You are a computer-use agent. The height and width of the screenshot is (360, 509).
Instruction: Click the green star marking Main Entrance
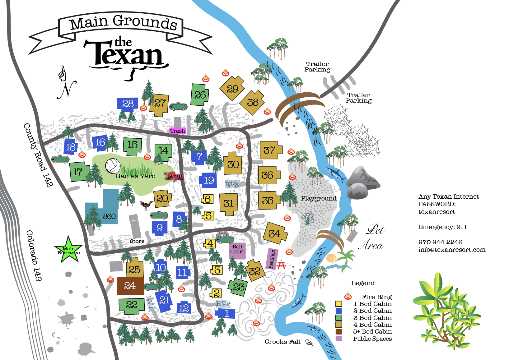68,250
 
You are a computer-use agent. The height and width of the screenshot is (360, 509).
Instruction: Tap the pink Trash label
177,131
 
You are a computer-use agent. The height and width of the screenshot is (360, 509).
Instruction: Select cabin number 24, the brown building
130,286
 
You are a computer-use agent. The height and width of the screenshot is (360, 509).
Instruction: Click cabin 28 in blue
128,104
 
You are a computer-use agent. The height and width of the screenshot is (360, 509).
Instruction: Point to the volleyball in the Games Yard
113,166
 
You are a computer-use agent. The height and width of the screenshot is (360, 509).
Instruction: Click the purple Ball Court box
237,250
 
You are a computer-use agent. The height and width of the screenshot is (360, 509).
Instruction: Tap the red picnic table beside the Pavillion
282,265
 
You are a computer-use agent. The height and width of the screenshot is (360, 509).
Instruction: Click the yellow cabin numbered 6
208,199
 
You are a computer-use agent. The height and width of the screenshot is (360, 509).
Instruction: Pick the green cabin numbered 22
131,305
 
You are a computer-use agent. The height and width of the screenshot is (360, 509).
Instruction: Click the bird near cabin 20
146,205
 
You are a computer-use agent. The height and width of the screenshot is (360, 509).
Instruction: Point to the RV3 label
232,185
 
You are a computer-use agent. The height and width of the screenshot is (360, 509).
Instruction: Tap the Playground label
319,198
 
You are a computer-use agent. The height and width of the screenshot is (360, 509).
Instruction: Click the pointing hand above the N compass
63,74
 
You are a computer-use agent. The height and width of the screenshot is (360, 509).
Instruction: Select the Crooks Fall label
283,342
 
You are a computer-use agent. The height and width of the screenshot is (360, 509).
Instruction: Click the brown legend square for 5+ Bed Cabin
339,332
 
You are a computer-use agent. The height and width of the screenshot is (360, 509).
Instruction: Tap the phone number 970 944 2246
440,242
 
